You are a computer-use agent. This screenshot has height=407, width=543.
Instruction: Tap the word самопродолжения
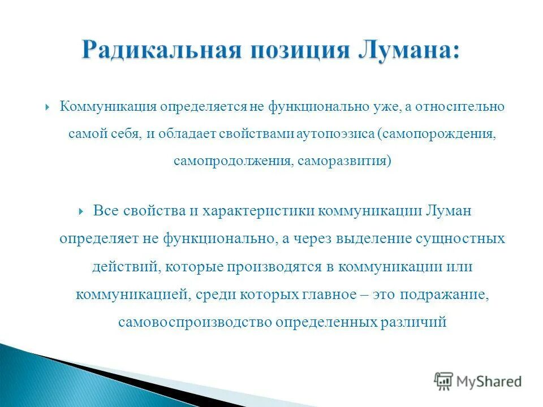coord(232,161)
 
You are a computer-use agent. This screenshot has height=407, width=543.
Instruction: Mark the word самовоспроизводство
coord(195,322)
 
